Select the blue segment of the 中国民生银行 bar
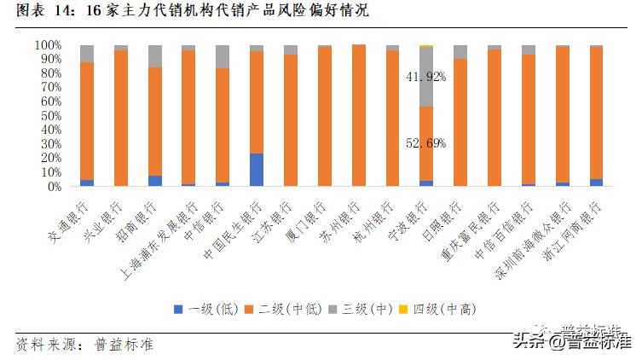tap(257, 170)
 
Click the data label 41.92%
tap(425, 77)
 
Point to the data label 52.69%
tap(425, 142)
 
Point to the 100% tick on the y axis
tap(47, 44)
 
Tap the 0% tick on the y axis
tap(53, 186)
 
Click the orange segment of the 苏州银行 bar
tap(359, 115)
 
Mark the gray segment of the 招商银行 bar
tap(154, 56)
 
